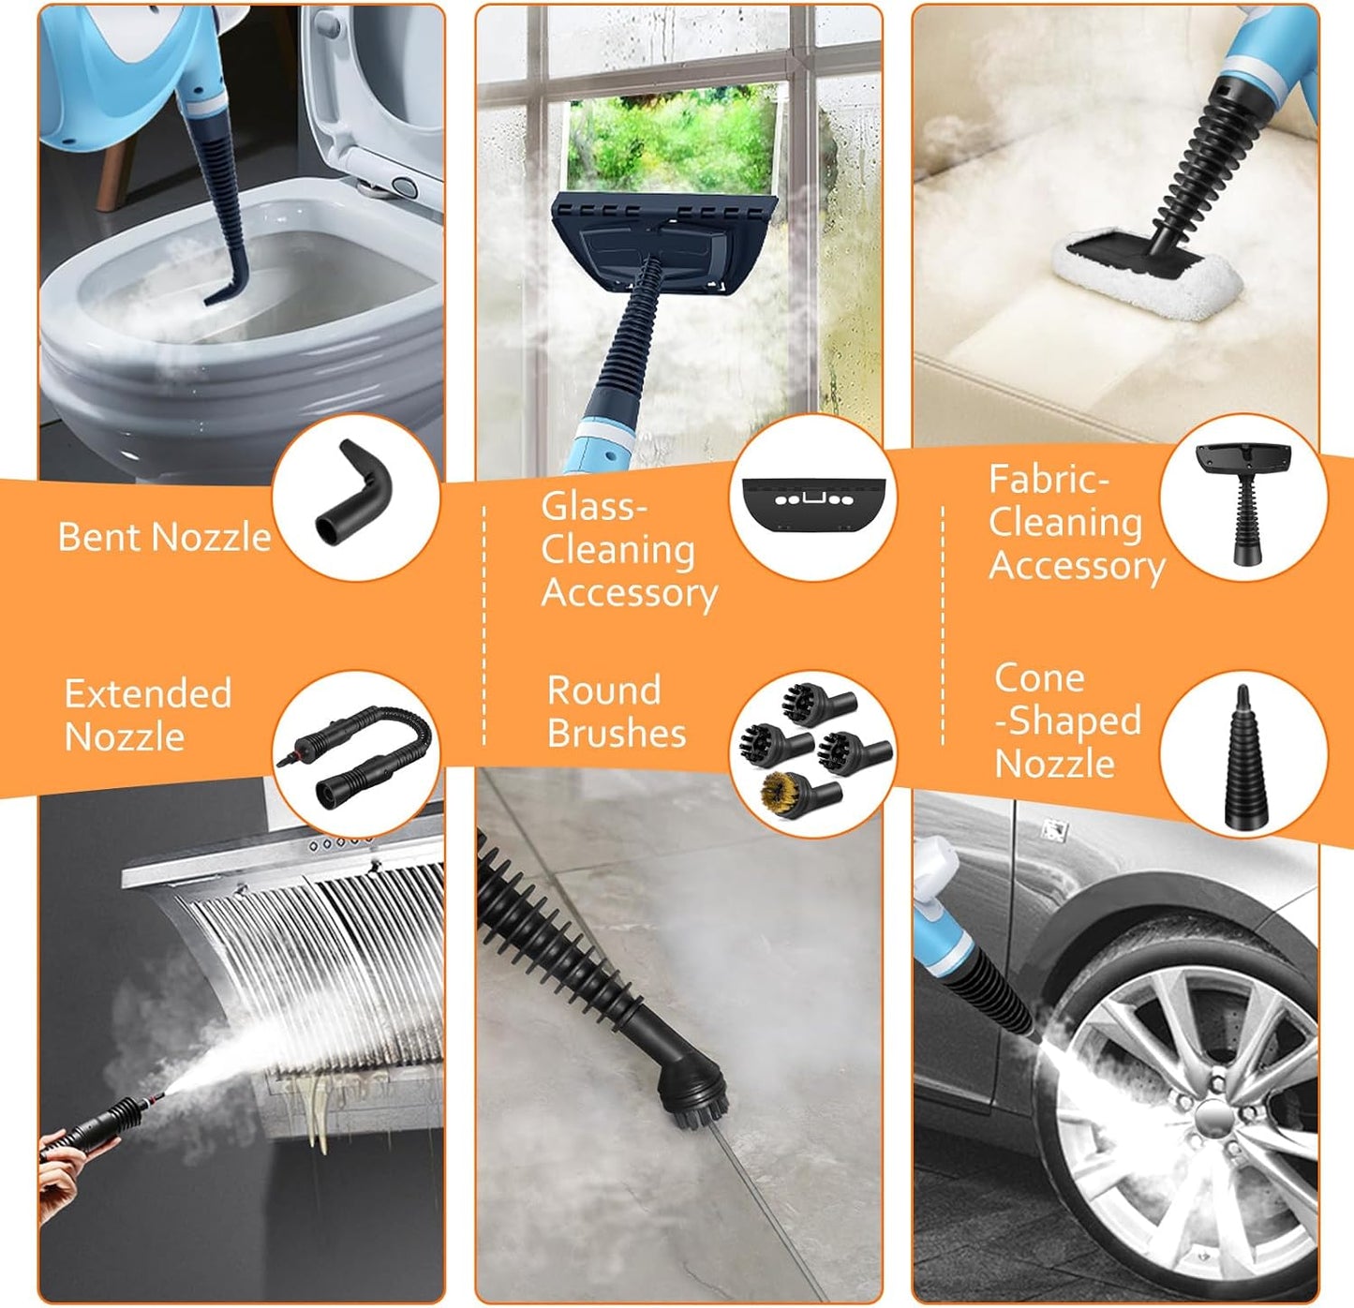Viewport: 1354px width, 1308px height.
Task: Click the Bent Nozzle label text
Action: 164,537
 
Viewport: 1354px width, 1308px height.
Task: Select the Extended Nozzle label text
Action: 148,715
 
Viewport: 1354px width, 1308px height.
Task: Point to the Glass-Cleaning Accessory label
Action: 629,550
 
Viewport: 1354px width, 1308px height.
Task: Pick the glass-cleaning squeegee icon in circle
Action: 812,498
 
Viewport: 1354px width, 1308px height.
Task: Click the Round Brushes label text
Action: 617,712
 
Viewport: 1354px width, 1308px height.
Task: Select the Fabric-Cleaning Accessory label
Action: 1076,523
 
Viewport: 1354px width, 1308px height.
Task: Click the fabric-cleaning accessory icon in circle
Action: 1243,501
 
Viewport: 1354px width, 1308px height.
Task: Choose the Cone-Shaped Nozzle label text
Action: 1067,721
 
